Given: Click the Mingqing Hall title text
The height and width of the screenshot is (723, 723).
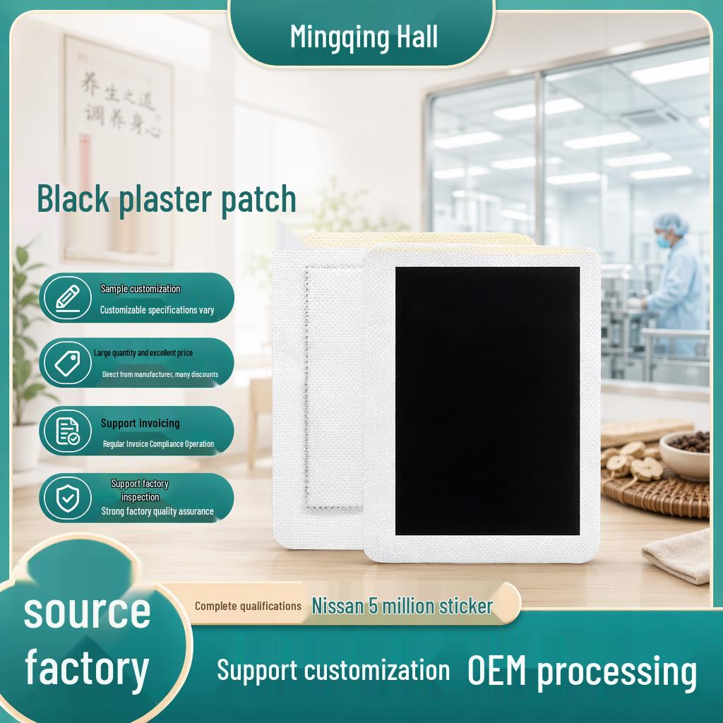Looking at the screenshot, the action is (x=364, y=37).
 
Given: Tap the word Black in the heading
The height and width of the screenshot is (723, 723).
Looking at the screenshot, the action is (x=73, y=198).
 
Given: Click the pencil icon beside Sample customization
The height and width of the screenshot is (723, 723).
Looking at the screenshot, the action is (x=67, y=298).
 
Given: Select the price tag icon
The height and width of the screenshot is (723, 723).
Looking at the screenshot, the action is (x=67, y=363).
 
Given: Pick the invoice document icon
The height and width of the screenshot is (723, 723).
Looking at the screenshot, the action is (x=67, y=431).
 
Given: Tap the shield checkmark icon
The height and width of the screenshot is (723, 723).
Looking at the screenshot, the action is (x=67, y=498).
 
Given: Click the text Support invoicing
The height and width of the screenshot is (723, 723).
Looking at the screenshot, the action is (x=141, y=424).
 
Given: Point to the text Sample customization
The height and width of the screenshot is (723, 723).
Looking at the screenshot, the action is (x=141, y=289).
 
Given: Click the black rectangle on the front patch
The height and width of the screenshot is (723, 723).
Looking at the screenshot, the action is (x=487, y=401).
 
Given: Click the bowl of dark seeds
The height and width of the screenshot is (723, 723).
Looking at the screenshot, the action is (x=685, y=454).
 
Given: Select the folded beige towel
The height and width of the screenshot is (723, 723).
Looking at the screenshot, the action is (x=677, y=556).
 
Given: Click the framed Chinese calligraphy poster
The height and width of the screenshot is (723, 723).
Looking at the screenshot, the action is (x=118, y=150).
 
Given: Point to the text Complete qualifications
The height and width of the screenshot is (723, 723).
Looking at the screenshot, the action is (x=248, y=606).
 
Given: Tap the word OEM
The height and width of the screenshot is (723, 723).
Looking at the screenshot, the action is (x=496, y=670).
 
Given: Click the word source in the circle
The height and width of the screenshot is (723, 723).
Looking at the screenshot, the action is (x=87, y=612).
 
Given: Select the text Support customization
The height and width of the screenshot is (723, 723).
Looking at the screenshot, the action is (x=333, y=671).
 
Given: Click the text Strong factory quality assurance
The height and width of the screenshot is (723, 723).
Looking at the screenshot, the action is (x=157, y=511).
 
